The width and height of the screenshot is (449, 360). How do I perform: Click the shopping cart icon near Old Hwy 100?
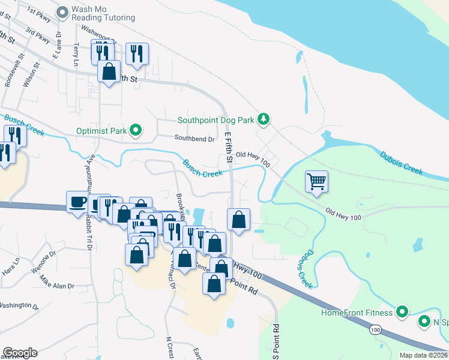(316, 181)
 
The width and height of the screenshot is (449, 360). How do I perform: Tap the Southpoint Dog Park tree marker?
(263, 119)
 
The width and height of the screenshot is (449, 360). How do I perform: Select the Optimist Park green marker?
(136, 130)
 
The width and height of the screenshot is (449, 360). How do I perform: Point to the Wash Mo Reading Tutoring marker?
(63, 11)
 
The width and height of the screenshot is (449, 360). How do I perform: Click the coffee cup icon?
(77, 202)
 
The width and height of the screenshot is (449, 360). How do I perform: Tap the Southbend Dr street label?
(194, 139)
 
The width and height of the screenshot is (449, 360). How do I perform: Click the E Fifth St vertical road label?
(228, 148)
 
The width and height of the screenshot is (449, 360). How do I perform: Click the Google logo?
(20, 353)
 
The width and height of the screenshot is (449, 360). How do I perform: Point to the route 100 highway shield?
(375, 330)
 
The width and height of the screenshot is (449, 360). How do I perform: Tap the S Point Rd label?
(277, 341)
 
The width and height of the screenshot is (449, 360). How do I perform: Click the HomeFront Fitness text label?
(357, 313)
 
